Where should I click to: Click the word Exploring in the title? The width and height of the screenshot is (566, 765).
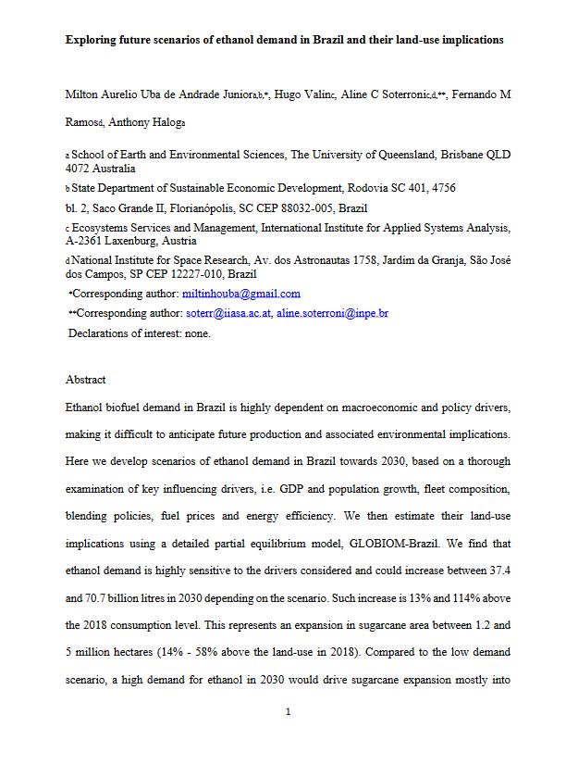(90, 41)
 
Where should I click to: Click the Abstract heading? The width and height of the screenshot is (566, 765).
(86, 380)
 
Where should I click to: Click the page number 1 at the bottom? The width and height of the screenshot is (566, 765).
(289, 712)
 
